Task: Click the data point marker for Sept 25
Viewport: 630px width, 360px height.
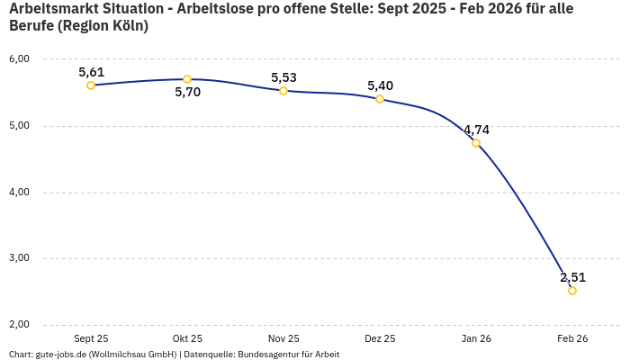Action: (91, 85)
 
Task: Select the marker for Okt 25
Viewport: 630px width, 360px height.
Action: (187, 79)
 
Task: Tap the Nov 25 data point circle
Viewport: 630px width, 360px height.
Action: (283, 91)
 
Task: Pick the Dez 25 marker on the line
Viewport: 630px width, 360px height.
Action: (380, 99)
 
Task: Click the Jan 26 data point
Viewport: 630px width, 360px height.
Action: (476, 143)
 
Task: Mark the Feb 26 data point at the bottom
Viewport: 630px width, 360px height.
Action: (572, 291)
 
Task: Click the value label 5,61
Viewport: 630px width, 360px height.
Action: (91, 72)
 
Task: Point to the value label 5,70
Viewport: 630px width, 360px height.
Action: (187, 93)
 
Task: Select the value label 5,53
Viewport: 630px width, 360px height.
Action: (283, 77)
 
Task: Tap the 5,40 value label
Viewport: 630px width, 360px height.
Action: (380, 85)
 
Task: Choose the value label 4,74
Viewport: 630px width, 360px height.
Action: (476, 130)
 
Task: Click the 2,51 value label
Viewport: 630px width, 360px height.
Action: (572, 277)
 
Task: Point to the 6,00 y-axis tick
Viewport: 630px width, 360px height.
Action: (19, 59)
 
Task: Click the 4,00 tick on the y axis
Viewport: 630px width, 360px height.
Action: (19, 192)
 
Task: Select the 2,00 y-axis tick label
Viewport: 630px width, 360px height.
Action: (19, 325)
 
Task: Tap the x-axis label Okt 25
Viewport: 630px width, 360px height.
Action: (187, 338)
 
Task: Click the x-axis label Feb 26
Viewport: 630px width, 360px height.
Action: (572, 338)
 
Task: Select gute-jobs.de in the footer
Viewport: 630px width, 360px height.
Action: (61, 354)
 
